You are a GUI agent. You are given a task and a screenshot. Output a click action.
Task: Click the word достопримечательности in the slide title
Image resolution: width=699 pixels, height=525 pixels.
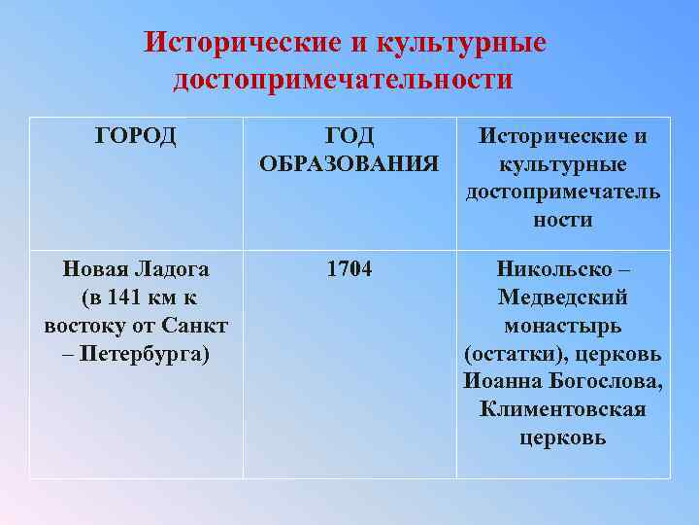point(343,79)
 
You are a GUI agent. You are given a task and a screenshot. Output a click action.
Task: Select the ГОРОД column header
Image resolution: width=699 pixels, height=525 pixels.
point(136,136)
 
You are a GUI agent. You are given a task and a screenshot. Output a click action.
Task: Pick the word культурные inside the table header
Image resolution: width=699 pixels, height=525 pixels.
point(562,163)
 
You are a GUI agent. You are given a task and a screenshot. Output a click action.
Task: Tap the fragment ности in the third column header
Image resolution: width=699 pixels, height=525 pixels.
point(562,220)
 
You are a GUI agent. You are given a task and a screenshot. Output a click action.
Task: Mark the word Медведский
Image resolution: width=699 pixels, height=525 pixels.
point(562,297)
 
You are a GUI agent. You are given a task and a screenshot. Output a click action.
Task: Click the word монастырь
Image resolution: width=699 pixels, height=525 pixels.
point(562,324)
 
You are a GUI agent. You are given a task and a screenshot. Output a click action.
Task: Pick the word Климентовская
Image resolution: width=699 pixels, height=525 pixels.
point(562,408)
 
